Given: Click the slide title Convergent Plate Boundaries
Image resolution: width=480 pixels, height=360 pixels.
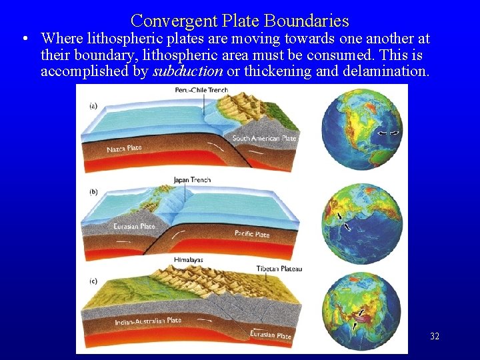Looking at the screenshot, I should [240, 21].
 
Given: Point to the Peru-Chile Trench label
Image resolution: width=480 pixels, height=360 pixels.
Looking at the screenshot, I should [201, 90].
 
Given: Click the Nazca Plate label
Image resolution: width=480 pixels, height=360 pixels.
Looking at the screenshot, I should [124, 148].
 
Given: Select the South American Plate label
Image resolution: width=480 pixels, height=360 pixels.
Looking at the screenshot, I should [264, 139].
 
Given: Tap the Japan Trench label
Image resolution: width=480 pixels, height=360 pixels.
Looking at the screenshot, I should [192, 180].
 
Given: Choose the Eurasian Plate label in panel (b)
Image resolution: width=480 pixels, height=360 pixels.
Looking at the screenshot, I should [135, 227].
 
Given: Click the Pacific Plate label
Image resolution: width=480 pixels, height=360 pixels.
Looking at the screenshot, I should [252, 235].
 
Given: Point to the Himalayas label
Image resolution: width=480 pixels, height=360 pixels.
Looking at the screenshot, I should [188, 259].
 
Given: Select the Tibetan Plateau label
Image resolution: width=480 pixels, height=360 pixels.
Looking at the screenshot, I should [279, 269].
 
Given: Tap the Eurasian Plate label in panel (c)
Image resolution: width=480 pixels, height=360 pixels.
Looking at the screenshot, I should [271, 335].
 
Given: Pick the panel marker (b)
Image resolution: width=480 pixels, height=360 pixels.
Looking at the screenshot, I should [94, 192].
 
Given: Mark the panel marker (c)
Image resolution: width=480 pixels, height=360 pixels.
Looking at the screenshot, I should [94, 281].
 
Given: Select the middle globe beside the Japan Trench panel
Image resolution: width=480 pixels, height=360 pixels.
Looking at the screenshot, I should [362, 221].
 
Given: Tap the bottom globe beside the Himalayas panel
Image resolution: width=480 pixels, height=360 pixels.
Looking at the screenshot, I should [362, 311].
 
